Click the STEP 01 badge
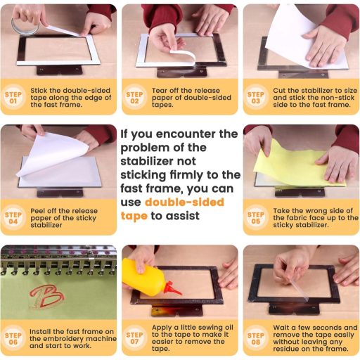(x=13, y=98)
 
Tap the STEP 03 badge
(x=256, y=98)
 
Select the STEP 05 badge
(x=256, y=218)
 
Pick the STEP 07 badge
(x=134, y=338)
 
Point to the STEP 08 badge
(x=256, y=338)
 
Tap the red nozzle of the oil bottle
(x=172, y=289)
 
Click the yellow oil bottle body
(x=143, y=276)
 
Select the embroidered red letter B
(x=47, y=297)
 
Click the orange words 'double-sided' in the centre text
(x=184, y=202)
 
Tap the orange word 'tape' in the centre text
(x=134, y=216)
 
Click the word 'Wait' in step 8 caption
(x=282, y=328)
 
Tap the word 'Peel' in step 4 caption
(x=38, y=211)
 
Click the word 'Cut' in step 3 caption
(x=279, y=91)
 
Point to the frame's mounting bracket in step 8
(x=294, y=308)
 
